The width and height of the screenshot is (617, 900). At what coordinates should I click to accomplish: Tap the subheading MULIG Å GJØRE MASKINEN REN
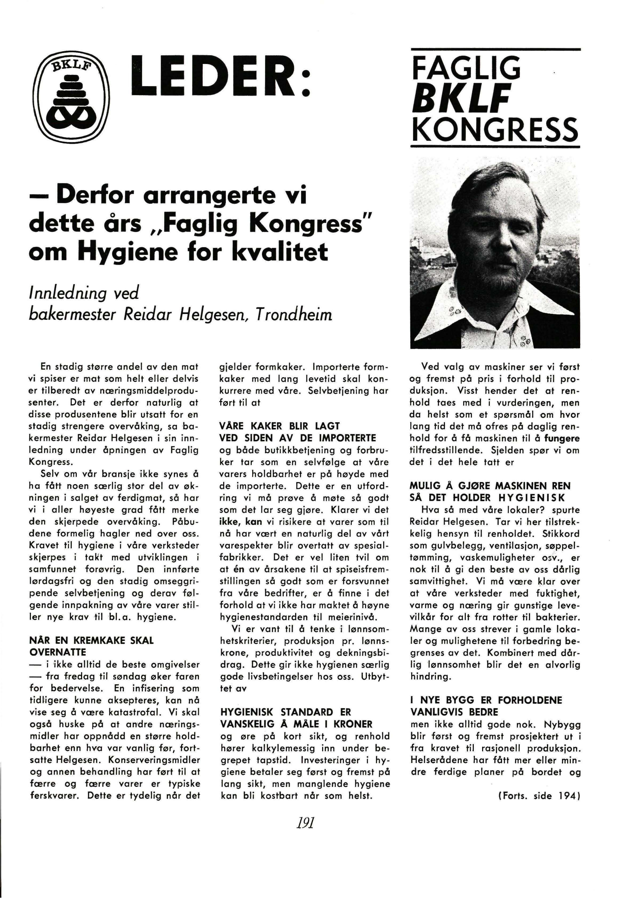point(490,486)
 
